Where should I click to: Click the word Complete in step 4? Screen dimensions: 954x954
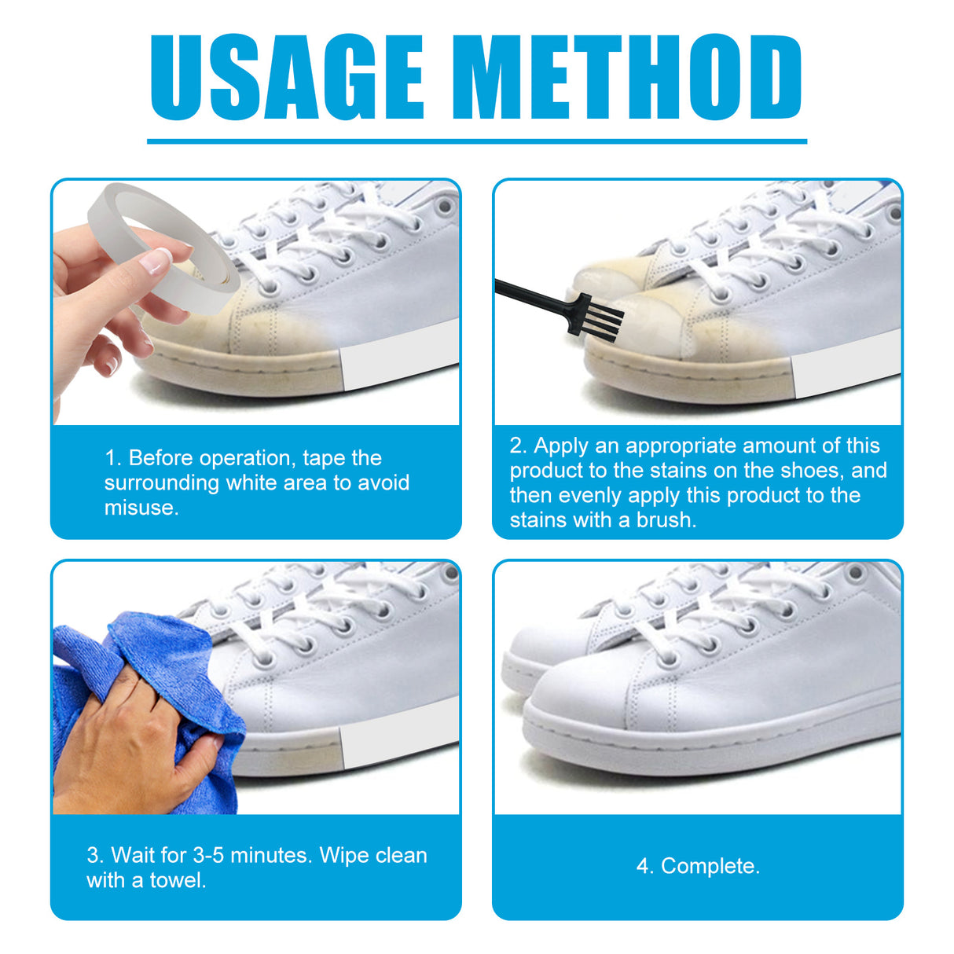710,866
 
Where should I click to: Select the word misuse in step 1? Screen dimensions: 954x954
141,508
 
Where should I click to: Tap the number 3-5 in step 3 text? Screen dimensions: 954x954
208,855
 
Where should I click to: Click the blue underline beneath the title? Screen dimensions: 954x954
476,141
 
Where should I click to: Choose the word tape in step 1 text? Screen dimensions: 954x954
324,458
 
